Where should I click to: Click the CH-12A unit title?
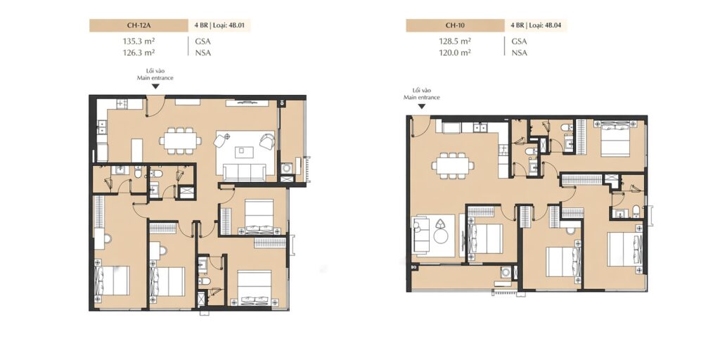pos(136,26)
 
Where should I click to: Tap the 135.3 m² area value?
pos(139,41)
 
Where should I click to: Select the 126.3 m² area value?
pos(139,53)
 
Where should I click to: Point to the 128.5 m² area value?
pos(455,41)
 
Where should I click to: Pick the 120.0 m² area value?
pos(455,53)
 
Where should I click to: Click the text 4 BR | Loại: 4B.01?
pos(220,26)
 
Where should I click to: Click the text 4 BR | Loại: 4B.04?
pos(536,26)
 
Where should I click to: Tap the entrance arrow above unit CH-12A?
pos(155,86)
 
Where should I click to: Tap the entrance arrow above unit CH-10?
pos(422,106)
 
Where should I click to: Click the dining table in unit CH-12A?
pos(180,141)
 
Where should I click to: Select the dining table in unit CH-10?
pos(453,165)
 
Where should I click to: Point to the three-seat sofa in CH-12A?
pos(244,172)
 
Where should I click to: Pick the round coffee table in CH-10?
pos(442,236)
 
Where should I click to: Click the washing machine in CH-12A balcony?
pos(287,169)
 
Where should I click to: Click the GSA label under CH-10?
pos(520,41)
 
